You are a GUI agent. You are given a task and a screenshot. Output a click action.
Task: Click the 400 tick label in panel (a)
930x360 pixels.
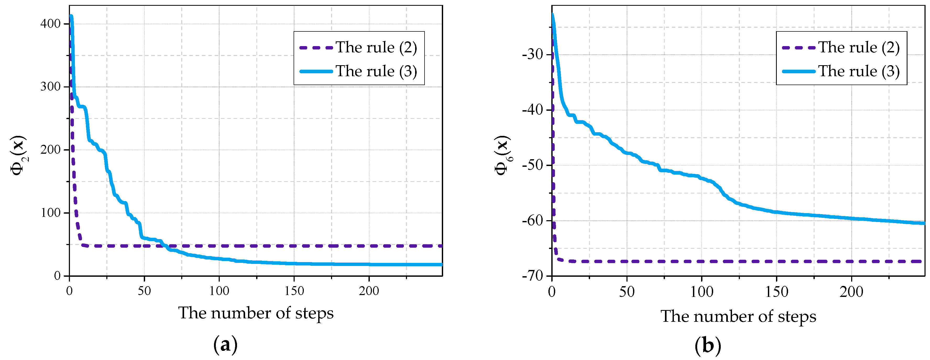point(50,24)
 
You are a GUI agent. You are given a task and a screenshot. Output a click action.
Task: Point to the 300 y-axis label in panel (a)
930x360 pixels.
point(50,87)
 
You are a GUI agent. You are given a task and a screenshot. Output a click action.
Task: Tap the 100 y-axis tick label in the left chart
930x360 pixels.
point(50,213)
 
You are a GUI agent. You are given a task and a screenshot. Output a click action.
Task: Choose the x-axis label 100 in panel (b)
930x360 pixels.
point(701,292)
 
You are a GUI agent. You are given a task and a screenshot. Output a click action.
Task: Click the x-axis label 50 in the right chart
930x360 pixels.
point(627,292)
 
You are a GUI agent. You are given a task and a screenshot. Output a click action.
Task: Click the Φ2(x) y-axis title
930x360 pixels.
point(18,155)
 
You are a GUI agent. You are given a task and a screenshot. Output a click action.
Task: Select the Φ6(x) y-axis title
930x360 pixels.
point(502,155)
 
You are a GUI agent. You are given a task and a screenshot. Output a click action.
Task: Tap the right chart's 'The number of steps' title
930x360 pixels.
point(738,316)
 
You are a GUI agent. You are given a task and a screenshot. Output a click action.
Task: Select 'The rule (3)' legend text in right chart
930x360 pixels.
point(859,71)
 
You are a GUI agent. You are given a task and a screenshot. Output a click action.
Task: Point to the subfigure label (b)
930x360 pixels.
point(708,346)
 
